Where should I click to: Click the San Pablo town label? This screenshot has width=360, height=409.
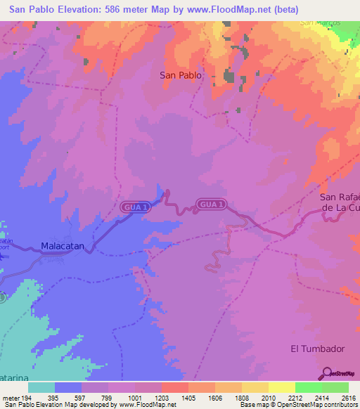click(x=181, y=74)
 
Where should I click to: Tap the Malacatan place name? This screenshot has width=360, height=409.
click(x=63, y=247)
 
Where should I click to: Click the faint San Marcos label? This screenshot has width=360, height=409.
click(x=320, y=22)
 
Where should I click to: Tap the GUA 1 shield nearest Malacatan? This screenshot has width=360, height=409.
click(x=134, y=207)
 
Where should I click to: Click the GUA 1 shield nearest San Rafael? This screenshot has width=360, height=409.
click(x=212, y=204)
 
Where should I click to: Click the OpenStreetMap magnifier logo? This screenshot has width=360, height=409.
click(x=327, y=373)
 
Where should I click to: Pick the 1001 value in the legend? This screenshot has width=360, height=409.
click(x=134, y=398)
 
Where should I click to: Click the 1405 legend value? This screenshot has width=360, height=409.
click(x=188, y=398)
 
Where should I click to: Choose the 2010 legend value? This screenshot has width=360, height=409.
click(x=268, y=398)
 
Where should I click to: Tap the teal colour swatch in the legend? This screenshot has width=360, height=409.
click(x=41, y=387)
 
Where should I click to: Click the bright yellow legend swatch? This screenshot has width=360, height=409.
click(x=281, y=387)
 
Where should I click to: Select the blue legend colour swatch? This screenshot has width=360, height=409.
click(x=68, y=387)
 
